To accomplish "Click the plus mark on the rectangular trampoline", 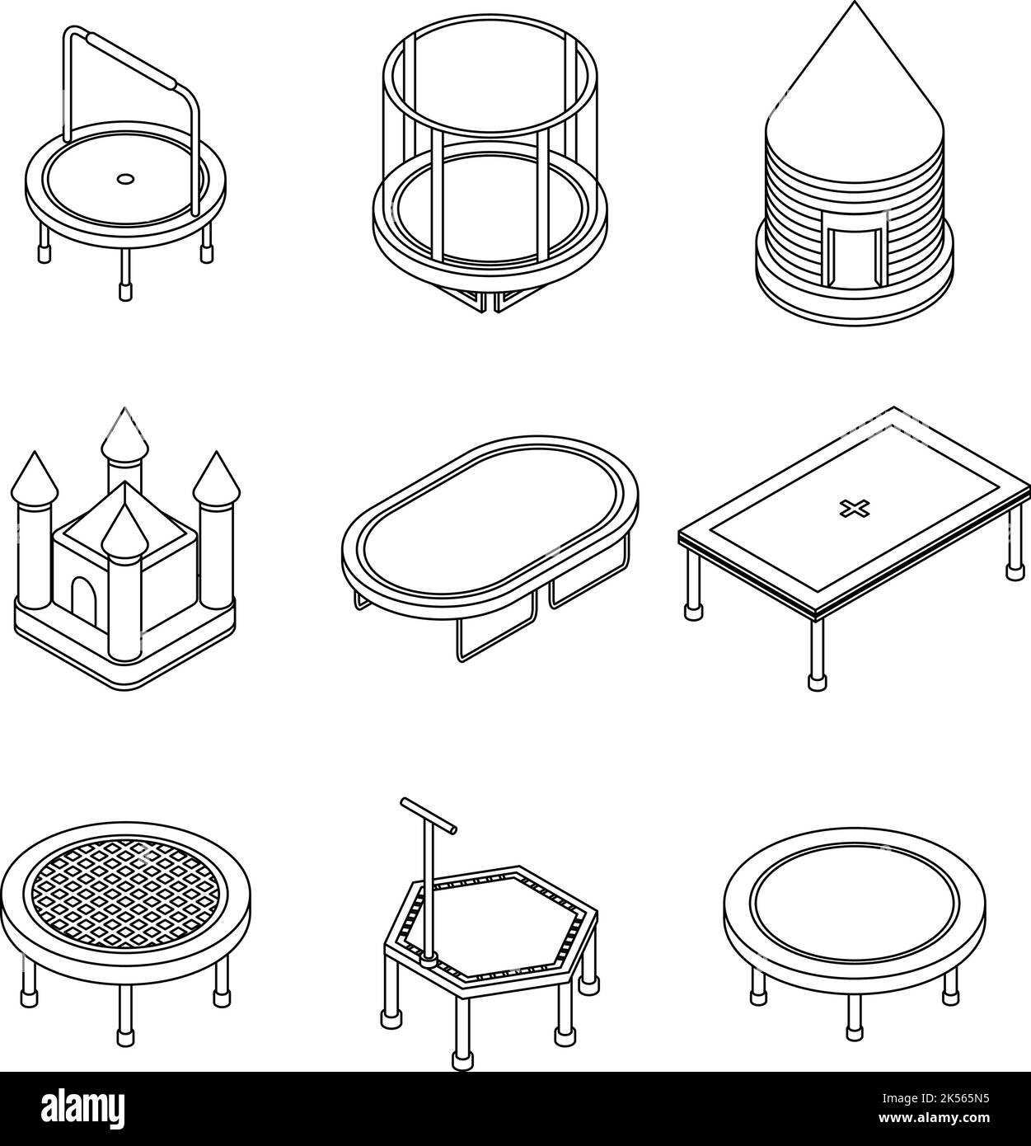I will [848, 509].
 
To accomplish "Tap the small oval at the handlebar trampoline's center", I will [124, 177].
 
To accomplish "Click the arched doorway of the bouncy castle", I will [83, 597].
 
